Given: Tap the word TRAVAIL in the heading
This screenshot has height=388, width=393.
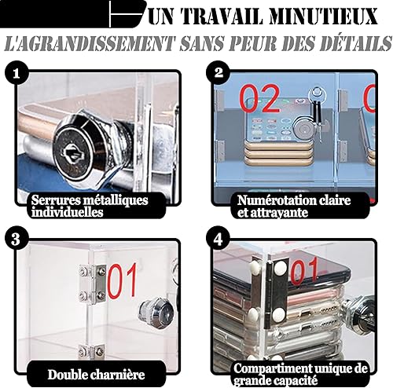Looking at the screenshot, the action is coord(222,16).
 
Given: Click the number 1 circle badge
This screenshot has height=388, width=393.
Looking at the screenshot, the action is coord(17,73).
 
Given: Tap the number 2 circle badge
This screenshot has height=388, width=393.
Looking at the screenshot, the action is coord(219,72).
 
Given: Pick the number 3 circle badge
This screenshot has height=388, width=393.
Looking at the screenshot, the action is coord(17,240).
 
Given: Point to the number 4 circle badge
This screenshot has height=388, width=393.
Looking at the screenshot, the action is coord(218,239).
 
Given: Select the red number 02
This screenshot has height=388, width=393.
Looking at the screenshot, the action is coord(259,99).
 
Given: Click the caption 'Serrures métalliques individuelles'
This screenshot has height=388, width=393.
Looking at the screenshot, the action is coord(90,207).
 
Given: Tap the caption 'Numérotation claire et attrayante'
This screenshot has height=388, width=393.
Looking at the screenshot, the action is coord(294,207).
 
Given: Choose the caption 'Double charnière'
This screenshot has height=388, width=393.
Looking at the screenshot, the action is coord(96,375).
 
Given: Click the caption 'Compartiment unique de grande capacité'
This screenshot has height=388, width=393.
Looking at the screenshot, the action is coord(300,374).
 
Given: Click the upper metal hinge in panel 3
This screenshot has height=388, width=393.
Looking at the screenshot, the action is coord(93,284).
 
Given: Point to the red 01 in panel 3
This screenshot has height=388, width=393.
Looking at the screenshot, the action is coord(123,281).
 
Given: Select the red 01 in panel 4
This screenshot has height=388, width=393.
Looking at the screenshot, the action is coord(304,271).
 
